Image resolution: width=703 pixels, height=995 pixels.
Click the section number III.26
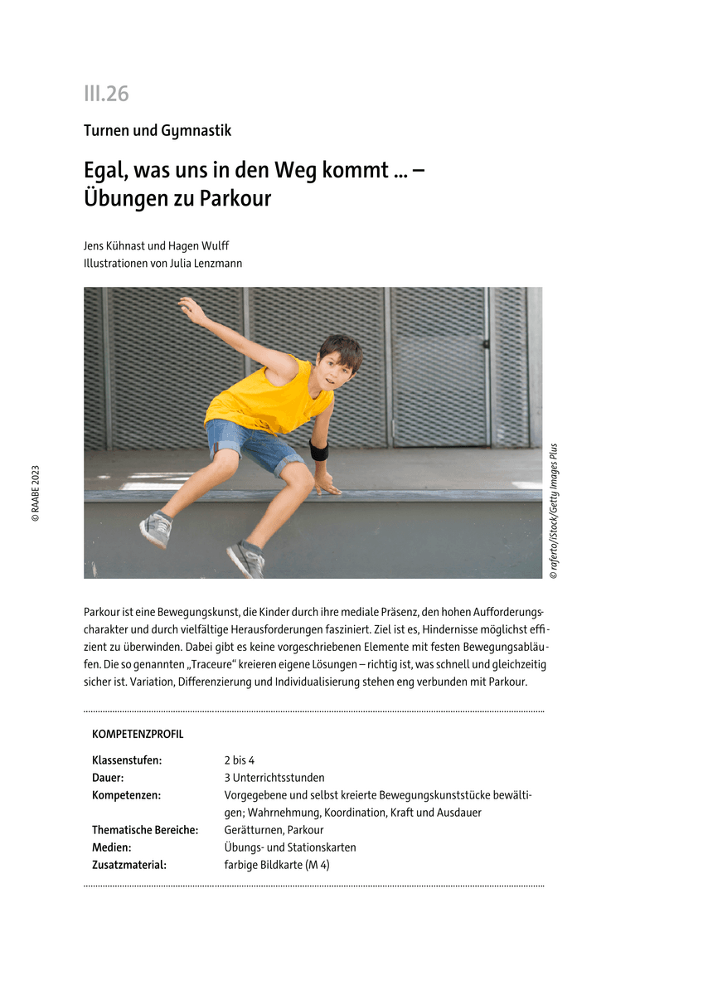pyautogui.click(x=106, y=94)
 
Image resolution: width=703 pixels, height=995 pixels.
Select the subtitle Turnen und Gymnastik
pyautogui.click(x=158, y=130)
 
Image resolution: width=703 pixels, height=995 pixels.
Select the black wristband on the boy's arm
pyautogui.click(x=319, y=450)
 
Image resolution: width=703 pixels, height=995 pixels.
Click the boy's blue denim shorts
pyautogui.click(x=253, y=446)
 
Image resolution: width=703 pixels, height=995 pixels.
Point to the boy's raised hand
pyautogui.click(x=193, y=310)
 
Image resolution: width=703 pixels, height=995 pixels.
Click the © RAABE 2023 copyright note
pyautogui.click(x=36, y=493)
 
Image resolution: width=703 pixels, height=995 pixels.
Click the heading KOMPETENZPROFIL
pyautogui.click(x=138, y=735)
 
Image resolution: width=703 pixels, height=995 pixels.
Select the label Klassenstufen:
pyautogui.click(x=127, y=760)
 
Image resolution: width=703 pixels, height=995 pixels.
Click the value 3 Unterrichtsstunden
pyautogui.click(x=274, y=778)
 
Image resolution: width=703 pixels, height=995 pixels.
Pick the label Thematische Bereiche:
pyautogui.click(x=145, y=830)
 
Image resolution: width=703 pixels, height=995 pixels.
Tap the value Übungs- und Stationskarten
pyautogui.click(x=289, y=847)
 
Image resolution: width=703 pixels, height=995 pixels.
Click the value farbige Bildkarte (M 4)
pyautogui.click(x=277, y=865)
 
